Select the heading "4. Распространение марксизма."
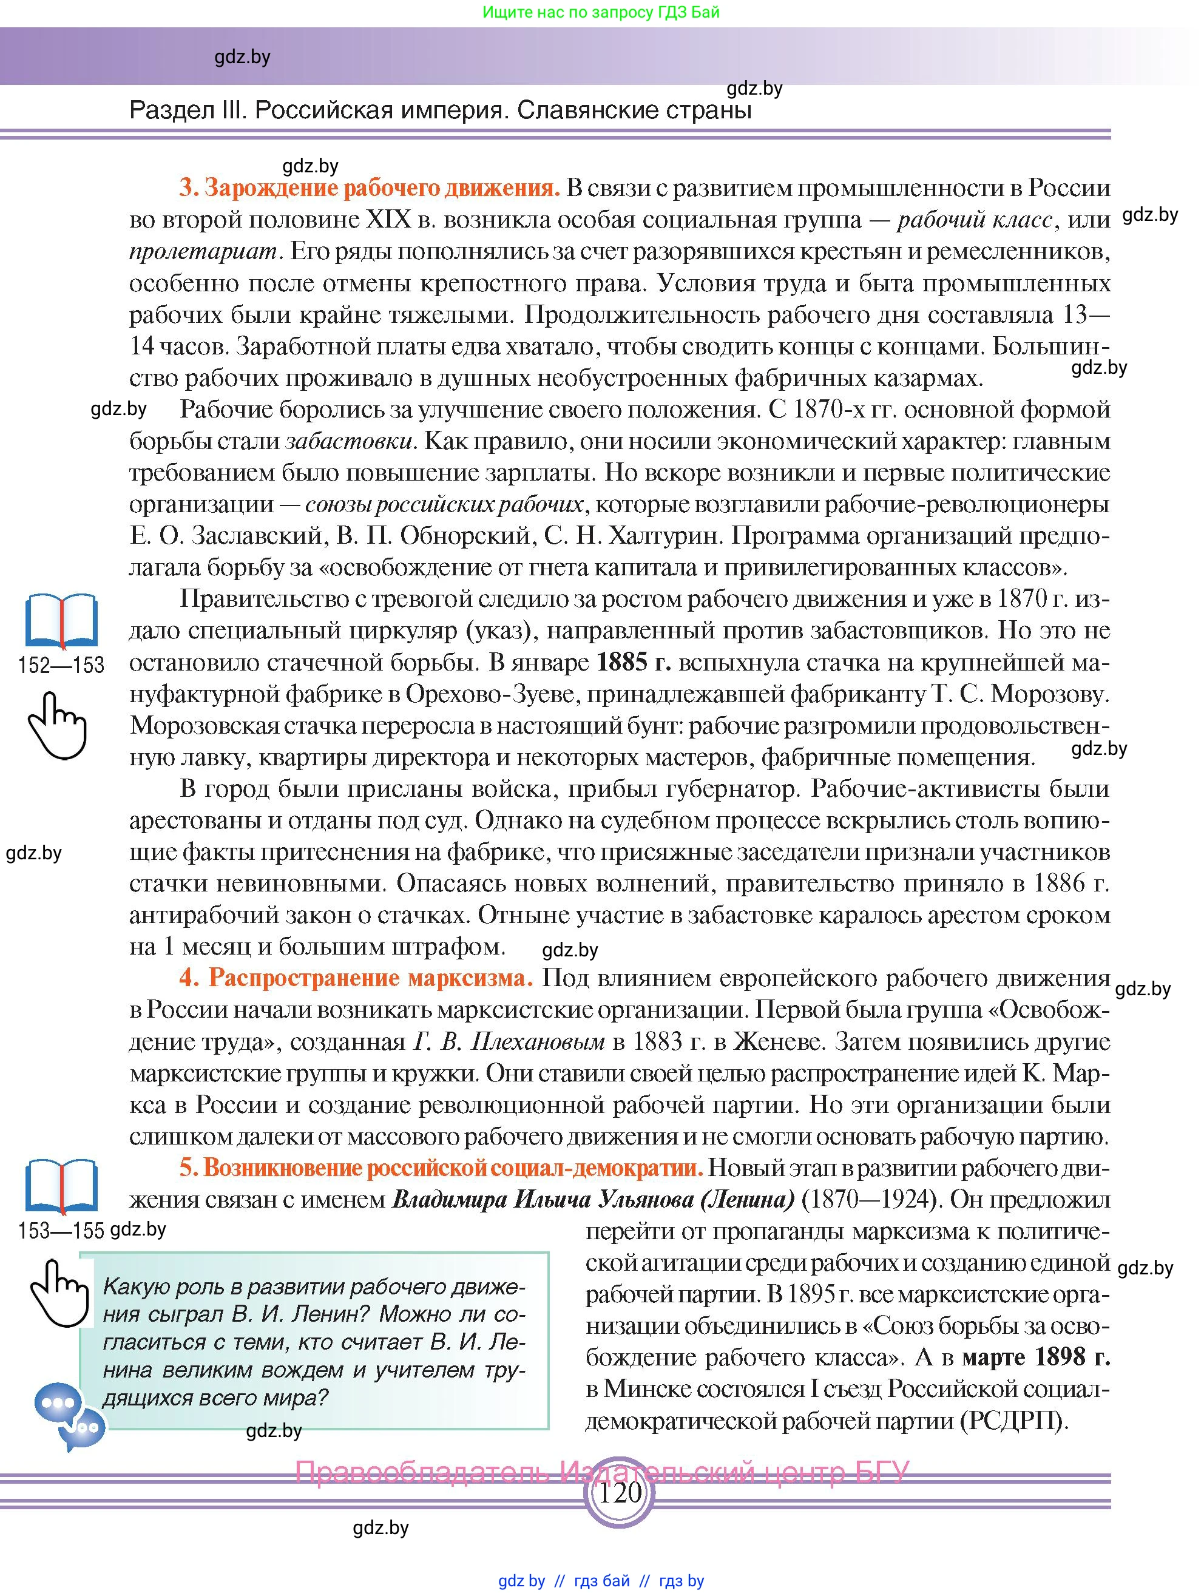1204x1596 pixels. (x=356, y=978)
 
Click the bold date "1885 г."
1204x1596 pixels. (x=634, y=662)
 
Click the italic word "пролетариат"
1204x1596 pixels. (x=203, y=252)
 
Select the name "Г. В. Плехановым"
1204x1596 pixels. (x=509, y=1042)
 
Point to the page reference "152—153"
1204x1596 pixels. (x=61, y=665)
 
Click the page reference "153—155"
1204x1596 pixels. (x=61, y=1230)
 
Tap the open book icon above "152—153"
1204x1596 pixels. (x=61, y=621)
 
